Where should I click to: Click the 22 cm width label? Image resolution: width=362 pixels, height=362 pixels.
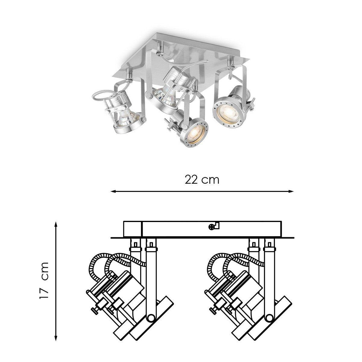tap(202, 180)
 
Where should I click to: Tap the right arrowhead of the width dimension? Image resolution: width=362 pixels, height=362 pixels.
tap(291, 192)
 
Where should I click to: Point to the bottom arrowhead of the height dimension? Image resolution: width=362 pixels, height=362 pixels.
tap(56, 328)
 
